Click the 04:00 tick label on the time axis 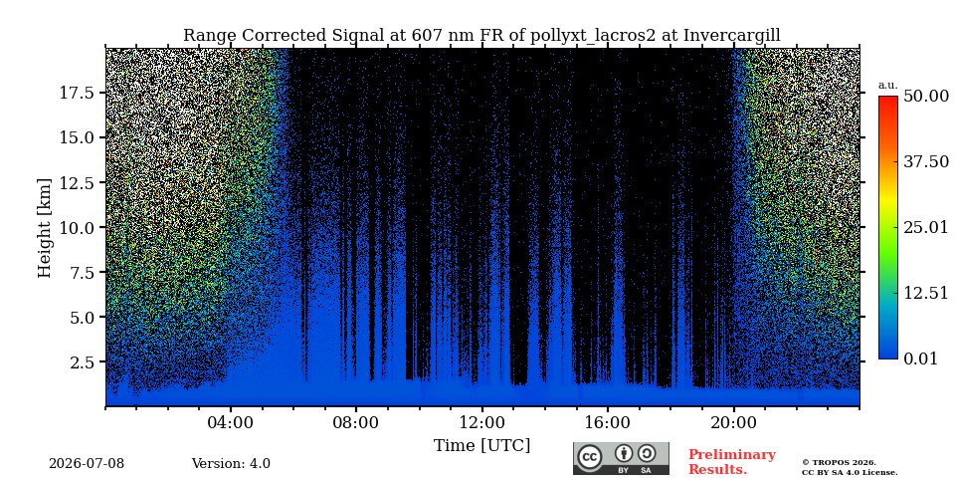tap(230, 423)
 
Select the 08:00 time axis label tap(356, 423)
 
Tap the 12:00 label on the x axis tap(481, 423)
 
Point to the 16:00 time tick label tap(607, 423)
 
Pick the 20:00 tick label tap(733, 423)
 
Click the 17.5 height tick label tap(77, 93)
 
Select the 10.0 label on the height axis tap(77, 227)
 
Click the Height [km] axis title tap(45, 227)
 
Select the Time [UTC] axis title tap(481, 445)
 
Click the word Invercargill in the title tap(731, 36)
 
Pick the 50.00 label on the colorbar tap(926, 96)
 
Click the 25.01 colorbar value tap(926, 227)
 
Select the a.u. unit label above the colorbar tap(888, 86)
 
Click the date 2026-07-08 tap(87, 464)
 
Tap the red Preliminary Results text tap(732, 462)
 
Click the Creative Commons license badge tap(621, 458)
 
